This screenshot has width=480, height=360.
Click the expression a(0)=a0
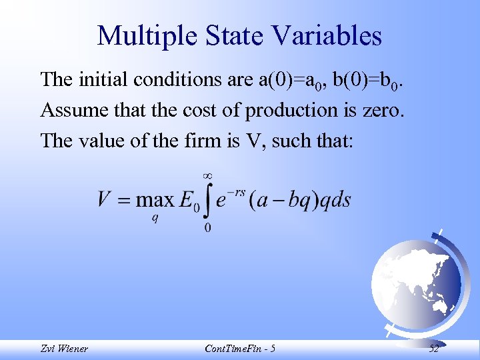click(x=291, y=80)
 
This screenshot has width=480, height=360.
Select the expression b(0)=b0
click(x=369, y=80)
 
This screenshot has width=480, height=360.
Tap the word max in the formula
click(x=154, y=200)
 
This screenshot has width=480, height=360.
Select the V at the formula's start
click(x=104, y=199)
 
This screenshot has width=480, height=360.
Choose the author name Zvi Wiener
click(x=63, y=348)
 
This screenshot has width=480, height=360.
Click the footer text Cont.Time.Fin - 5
click(x=241, y=348)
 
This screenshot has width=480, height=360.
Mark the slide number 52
click(x=434, y=348)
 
